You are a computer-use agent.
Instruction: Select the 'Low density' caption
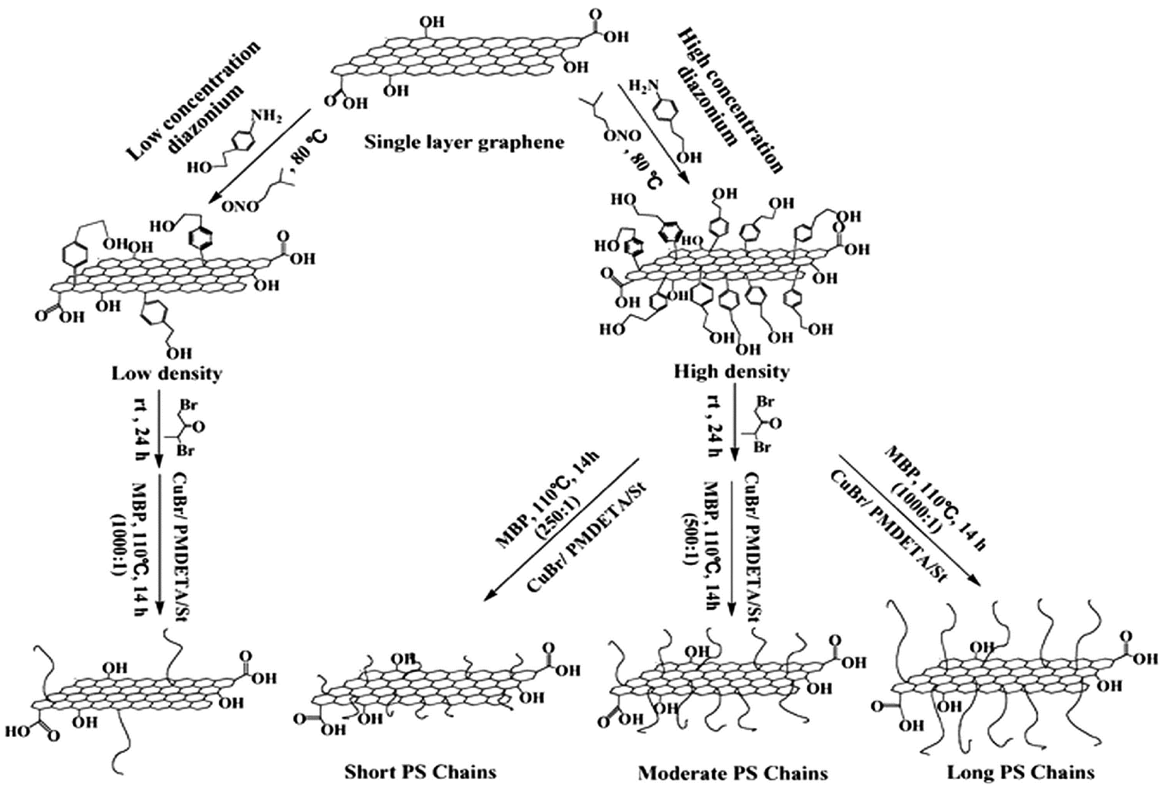[x=166, y=374]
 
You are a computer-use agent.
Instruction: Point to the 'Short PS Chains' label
[x=420, y=772]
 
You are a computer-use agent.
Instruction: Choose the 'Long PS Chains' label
[x=1020, y=772]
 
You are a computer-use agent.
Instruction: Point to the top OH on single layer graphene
[x=432, y=22]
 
